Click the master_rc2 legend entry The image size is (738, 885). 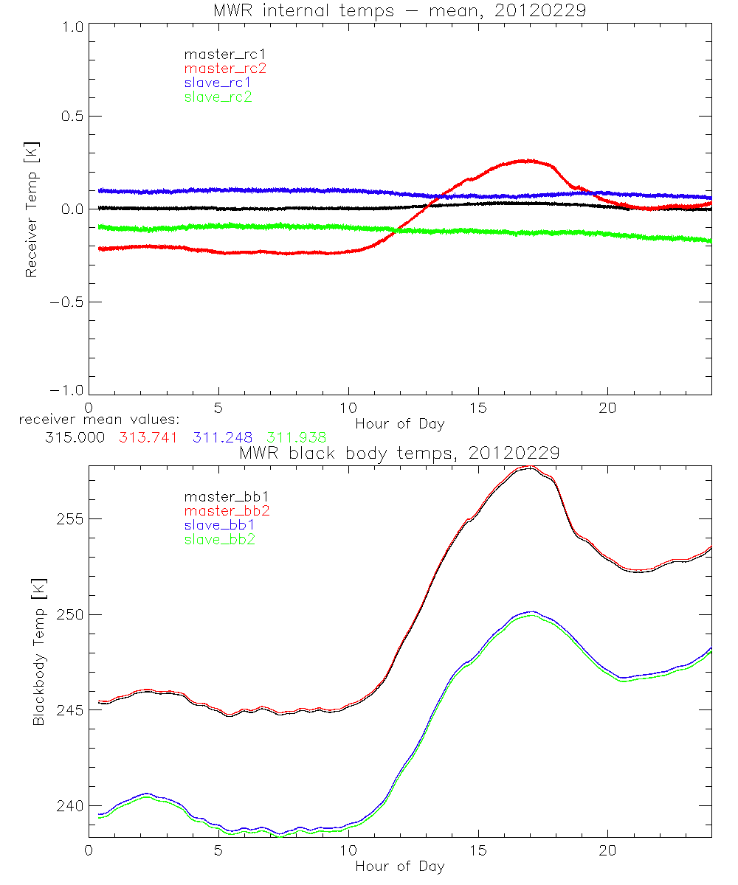pyautogui.click(x=224, y=69)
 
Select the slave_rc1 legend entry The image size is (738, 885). pyautogui.click(x=218, y=83)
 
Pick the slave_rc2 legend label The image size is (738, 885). pyautogui.click(x=218, y=97)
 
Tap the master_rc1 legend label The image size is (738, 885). pyautogui.click(x=224, y=54)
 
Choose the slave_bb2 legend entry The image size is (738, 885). pyautogui.click(x=221, y=540)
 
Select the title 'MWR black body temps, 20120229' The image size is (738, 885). pyautogui.click(x=399, y=453)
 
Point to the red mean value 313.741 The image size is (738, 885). pyautogui.click(x=148, y=437)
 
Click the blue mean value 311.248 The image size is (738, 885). pyautogui.click(x=221, y=437)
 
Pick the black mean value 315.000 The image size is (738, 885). pyautogui.click(x=74, y=437)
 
